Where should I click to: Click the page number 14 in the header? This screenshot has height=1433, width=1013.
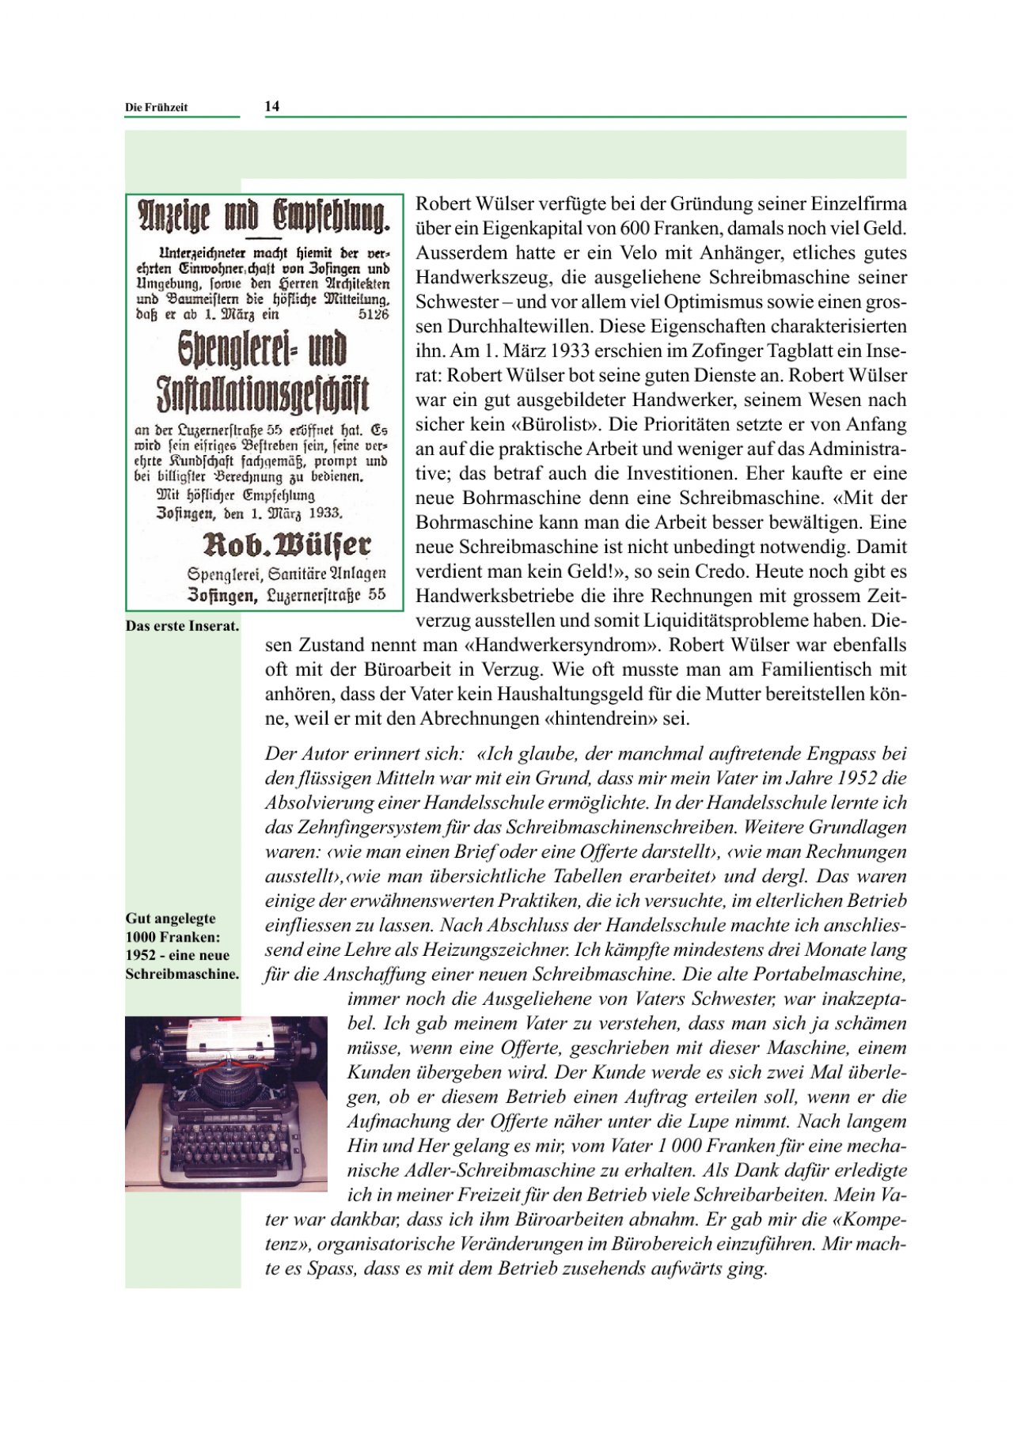[x=271, y=106]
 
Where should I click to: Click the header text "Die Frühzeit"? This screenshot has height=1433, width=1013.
[x=156, y=108]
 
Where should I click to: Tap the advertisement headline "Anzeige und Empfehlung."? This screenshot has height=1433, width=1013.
[x=264, y=216]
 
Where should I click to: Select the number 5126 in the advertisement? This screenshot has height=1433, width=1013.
[x=374, y=314]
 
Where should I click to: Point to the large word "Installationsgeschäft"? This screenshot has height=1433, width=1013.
[x=263, y=394]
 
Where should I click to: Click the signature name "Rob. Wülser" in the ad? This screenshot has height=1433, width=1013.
[x=286, y=544]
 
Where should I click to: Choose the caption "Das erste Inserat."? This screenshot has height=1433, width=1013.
[x=182, y=626]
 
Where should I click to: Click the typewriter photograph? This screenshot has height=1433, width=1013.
[x=226, y=1103]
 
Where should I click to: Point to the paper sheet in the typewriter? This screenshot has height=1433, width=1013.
[x=230, y=1033]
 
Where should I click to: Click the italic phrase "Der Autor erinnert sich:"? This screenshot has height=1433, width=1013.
[x=364, y=753]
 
